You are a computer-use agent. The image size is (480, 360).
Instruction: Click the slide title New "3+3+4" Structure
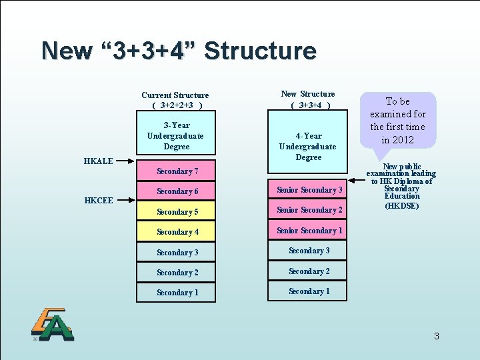178,51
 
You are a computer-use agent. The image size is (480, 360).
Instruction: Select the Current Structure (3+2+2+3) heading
175,100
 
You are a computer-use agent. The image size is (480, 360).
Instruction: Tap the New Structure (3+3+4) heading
308,99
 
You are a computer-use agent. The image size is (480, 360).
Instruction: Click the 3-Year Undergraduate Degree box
176,136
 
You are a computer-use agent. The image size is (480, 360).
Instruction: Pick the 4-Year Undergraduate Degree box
308,146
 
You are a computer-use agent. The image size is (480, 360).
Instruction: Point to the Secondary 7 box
176,171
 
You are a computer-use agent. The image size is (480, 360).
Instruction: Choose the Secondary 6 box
176,191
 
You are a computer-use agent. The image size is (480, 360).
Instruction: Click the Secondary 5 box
176,212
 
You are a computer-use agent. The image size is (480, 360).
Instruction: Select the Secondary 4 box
176,232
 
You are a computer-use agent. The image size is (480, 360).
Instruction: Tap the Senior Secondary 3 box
308,190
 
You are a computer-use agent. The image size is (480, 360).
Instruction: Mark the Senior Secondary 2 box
308,210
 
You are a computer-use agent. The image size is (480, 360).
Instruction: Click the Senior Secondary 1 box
308,231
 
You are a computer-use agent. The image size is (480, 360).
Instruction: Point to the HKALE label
98,161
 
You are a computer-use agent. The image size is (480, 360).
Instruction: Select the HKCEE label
98,200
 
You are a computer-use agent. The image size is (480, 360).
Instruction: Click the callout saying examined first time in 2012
398,120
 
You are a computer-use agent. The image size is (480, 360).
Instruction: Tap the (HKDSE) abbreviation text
402,206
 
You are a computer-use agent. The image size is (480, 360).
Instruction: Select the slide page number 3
436,336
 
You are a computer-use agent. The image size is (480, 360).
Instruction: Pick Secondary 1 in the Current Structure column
176,293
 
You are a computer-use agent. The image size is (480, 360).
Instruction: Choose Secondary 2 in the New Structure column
308,271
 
